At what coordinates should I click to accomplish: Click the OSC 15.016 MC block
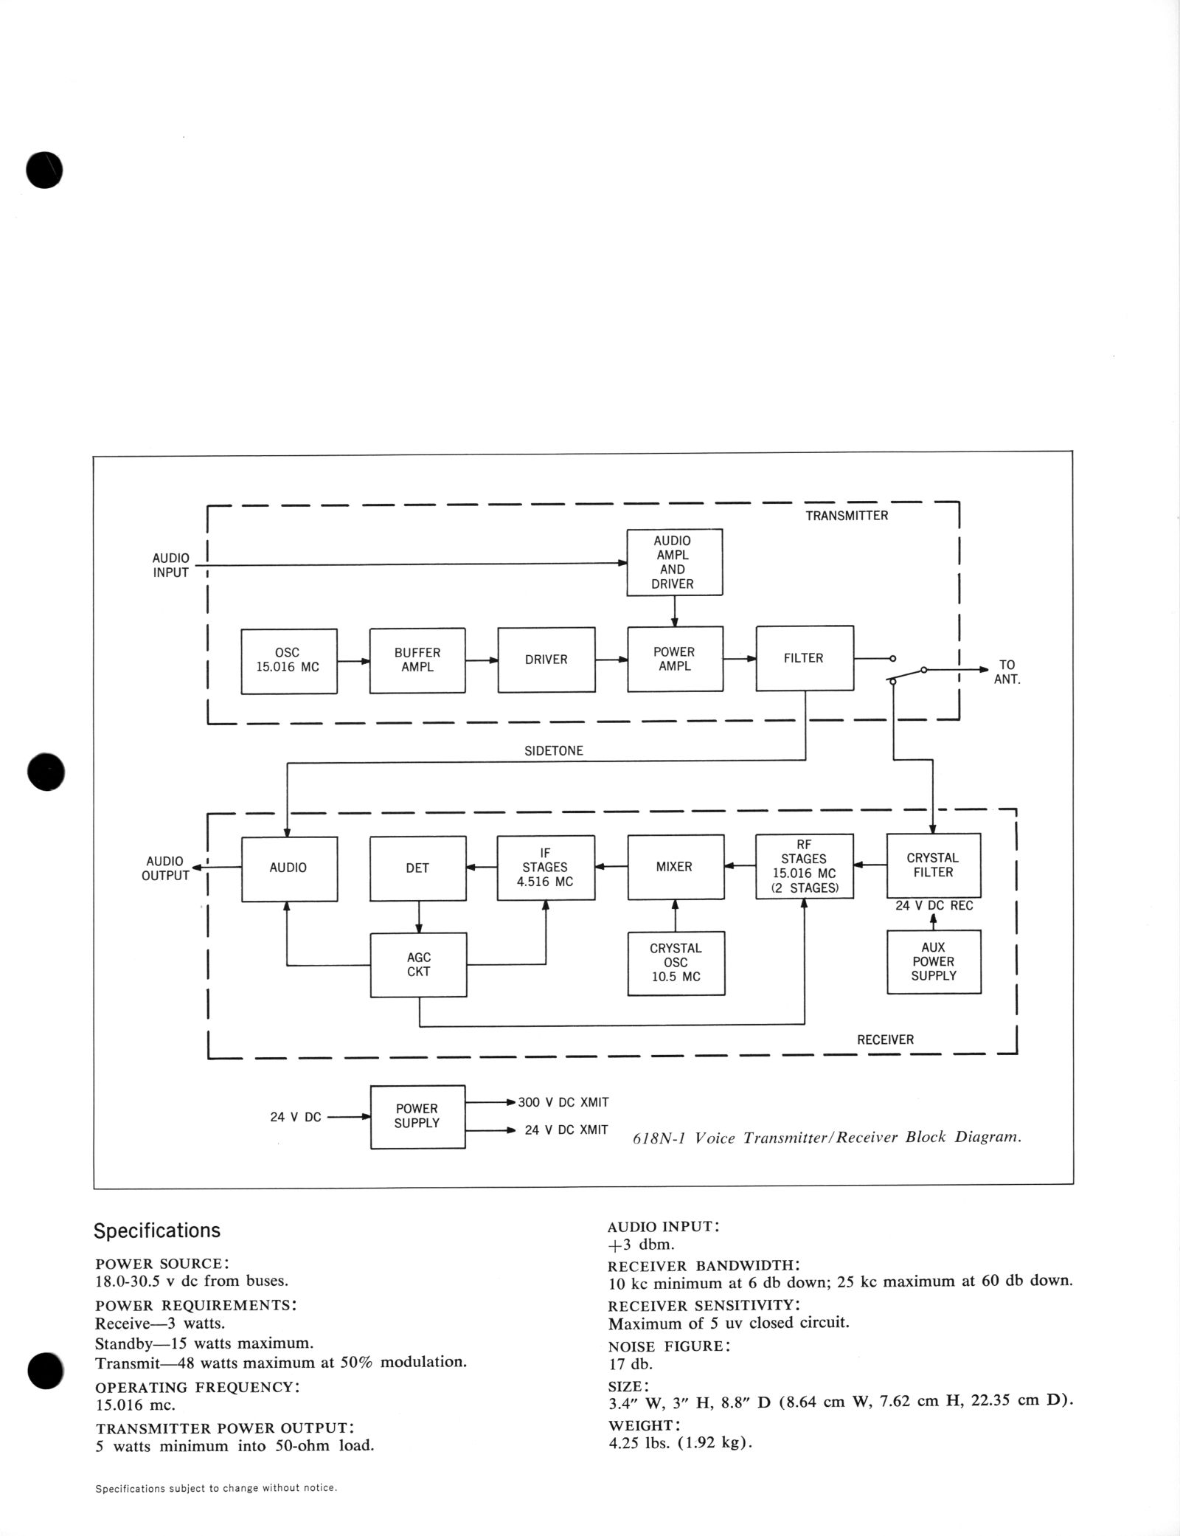[x=288, y=661]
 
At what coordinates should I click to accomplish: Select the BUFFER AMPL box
[x=417, y=660]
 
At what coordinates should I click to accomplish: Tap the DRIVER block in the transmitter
[x=546, y=660]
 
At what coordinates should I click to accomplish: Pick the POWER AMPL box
[x=674, y=659]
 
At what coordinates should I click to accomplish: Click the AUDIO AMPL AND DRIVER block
[x=674, y=562]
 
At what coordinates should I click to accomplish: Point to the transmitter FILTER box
[x=804, y=658]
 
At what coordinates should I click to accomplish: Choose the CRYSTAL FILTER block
[x=933, y=865]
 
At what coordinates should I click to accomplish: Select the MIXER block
[x=674, y=867]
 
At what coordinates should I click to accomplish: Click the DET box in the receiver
[x=417, y=868]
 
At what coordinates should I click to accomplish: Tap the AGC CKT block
[x=418, y=965]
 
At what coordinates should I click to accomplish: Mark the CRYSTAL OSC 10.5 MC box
[x=676, y=963]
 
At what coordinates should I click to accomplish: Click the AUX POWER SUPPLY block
[x=933, y=961]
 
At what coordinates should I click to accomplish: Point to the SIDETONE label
[x=553, y=751]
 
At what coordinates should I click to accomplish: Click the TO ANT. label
[x=1007, y=672]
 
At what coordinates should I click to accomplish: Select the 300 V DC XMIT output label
[x=563, y=1102]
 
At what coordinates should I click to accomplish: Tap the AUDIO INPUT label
[x=170, y=565]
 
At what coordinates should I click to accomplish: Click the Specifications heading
[x=156, y=1231]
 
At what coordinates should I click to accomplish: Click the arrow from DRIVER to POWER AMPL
[x=611, y=660]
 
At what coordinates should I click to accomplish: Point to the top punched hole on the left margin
[x=44, y=170]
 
